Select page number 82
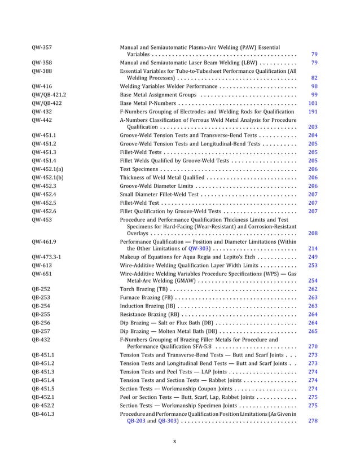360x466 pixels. click(314, 78)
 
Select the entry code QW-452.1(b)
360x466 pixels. click(47, 177)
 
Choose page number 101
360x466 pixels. click(313, 103)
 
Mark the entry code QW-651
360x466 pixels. click(42, 272)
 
